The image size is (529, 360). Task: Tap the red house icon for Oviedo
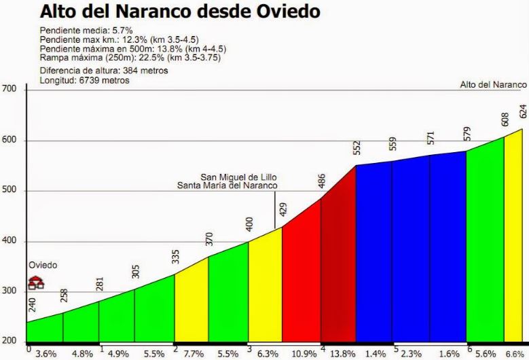click(36, 282)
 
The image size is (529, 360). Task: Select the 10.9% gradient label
click(303, 354)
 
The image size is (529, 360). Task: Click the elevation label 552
click(357, 148)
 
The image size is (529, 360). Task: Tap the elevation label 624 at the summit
click(522, 111)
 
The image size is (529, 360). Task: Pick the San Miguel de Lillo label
click(238, 177)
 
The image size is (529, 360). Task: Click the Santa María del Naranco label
click(227, 185)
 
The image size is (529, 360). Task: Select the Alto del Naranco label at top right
click(493, 85)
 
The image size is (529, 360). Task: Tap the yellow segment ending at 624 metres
click(513, 245)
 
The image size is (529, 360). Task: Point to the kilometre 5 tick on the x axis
click(396, 349)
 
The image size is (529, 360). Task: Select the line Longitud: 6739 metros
click(84, 80)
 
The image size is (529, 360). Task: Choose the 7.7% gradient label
click(193, 354)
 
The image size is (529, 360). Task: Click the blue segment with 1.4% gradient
click(373, 258)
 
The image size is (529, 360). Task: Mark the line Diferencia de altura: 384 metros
click(103, 71)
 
